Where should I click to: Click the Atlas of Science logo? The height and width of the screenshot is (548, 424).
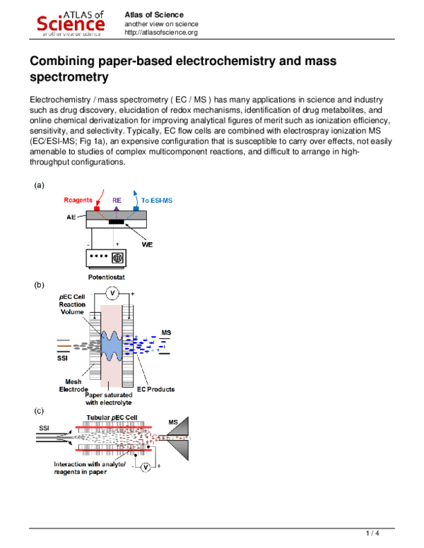click(71, 23)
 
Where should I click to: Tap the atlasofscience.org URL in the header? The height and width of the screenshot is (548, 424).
click(160, 32)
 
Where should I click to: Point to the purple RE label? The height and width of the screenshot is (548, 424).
click(117, 201)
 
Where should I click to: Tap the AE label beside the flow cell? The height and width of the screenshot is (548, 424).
click(71, 218)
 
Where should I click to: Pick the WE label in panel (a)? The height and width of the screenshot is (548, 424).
click(147, 244)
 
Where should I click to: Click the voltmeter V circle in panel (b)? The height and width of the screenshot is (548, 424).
click(111, 292)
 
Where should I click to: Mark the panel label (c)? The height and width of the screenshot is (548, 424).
click(40, 410)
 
